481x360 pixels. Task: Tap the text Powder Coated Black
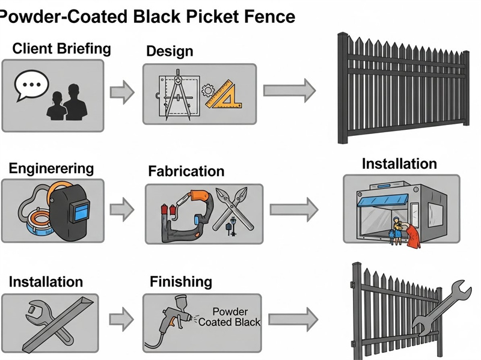(x=229, y=317)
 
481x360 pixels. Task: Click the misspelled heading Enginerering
(x=51, y=168)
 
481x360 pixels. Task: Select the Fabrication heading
(x=186, y=171)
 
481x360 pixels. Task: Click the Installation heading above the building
(x=399, y=163)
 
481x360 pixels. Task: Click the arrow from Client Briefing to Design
(x=122, y=92)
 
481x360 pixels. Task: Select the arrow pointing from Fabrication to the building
(x=293, y=210)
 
